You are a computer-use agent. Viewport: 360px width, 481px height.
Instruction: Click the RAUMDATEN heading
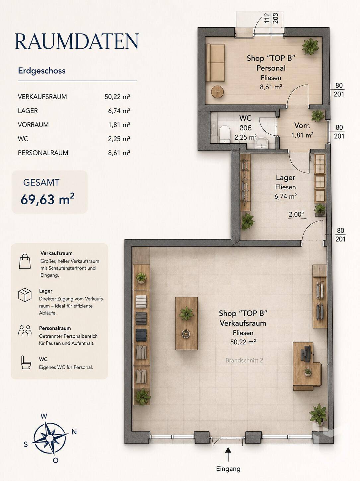point(77,41)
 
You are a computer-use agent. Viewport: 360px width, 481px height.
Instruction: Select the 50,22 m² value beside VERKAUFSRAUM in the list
point(117,97)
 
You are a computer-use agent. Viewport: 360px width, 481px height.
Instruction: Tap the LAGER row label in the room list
point(28,111)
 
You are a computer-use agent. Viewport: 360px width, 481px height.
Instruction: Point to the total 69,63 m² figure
point(47,199)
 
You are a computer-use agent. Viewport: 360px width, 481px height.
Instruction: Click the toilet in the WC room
point(225,134)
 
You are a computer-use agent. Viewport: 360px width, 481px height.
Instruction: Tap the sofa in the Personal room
point(216,63)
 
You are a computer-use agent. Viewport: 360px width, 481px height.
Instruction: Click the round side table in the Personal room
point(217,91)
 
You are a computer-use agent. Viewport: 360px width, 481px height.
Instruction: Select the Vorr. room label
point(302,126)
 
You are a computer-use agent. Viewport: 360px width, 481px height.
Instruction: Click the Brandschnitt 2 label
point(244,360)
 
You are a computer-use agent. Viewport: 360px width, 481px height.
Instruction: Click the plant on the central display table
point(186,313)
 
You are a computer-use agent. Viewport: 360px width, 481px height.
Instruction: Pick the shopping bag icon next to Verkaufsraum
point(25,261)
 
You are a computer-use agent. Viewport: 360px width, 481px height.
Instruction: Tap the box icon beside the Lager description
point(25,295)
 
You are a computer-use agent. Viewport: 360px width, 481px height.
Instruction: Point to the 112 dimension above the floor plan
point(267,18)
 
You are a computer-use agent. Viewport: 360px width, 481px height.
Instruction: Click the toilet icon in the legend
point(26,363)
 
